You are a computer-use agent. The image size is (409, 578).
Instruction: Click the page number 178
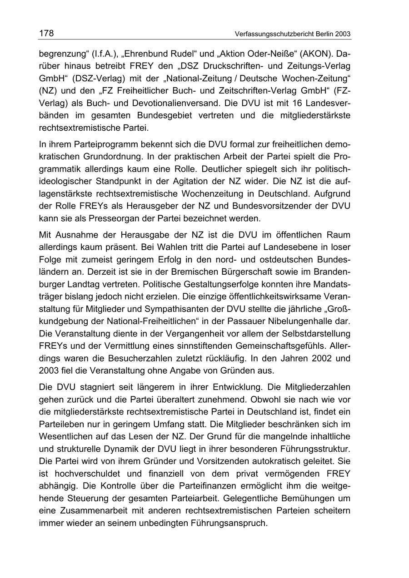tap(46, 33)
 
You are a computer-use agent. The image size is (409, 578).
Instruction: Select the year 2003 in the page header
tap(342, 34)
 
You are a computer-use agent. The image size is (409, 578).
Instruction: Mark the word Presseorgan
tap(129, 218)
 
